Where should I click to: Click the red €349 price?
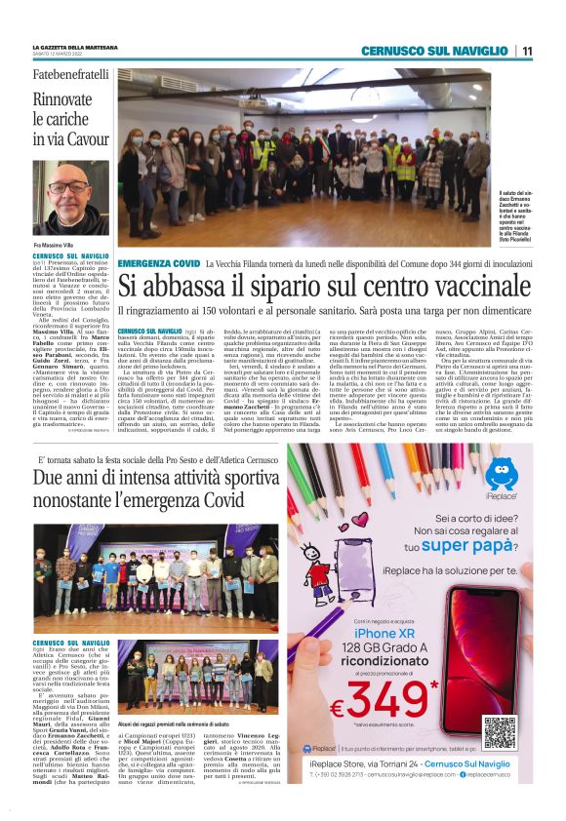coord(395,700)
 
